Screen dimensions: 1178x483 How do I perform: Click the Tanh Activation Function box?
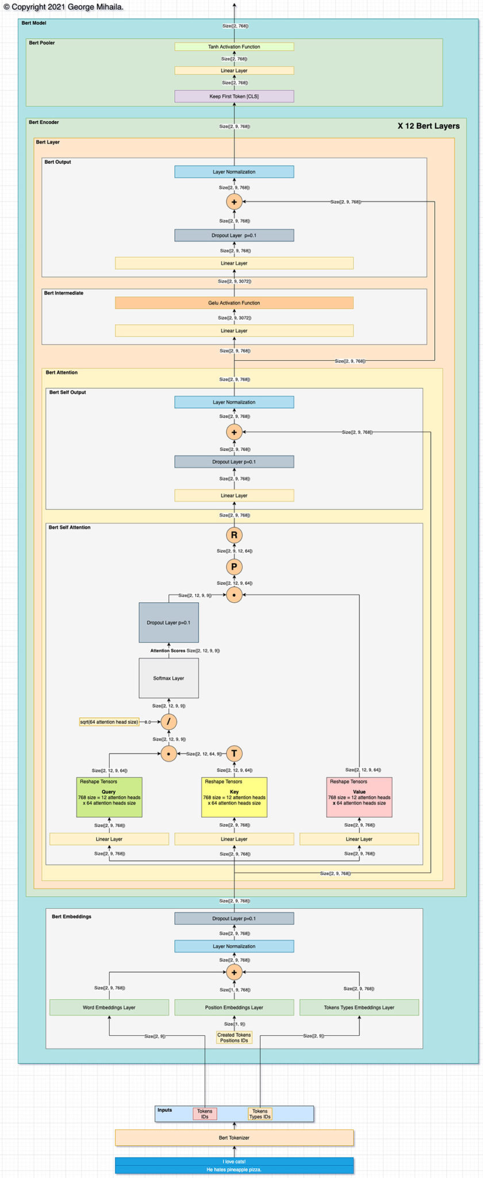coord(234,47)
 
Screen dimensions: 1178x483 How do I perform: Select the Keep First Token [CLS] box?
coord(234,96)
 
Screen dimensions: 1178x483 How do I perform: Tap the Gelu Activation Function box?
coord(234,303)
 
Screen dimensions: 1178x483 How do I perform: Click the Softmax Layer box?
coord(168,678)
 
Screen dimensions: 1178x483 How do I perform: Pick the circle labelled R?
coord(234,535)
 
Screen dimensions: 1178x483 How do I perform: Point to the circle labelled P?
coord(234,567)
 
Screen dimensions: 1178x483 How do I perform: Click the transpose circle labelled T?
coord(234,754)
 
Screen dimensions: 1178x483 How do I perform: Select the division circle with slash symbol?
coord(168,722)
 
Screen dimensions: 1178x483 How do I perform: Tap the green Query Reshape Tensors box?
coord(109,797)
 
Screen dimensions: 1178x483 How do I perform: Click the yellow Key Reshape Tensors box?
coord(234,797)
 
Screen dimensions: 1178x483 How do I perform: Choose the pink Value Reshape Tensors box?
coord(359,797)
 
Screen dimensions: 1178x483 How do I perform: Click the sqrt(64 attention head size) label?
coord(109,722)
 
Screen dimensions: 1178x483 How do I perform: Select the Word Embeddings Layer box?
coord(109,1007)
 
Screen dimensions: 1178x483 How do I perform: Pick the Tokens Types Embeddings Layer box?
coord(359,1007)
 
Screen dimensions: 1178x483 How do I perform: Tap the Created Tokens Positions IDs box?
coord(234,1037)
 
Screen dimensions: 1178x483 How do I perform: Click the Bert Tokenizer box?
coord(234,1137)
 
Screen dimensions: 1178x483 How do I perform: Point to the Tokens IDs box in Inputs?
coord(205,1114)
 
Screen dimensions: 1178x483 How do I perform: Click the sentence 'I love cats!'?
coord(234,1161)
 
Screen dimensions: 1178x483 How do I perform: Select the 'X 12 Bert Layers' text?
coord(428,126)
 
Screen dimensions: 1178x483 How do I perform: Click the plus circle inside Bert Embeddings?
coord(234,972)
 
